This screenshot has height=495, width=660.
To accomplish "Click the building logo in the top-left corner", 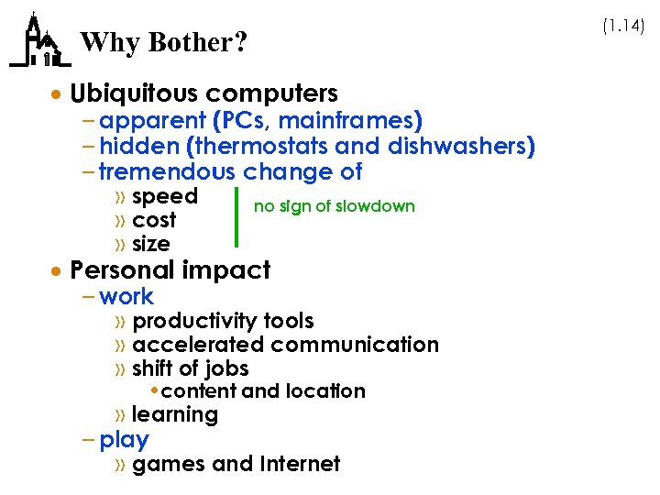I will (x=38, y=41).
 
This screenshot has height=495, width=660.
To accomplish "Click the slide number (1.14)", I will (x=623, y=27).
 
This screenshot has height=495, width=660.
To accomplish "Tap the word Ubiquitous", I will (x=134, y=93).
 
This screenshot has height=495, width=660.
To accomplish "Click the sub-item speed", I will (x=165, y=196).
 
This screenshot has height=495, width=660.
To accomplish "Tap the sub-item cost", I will (x=154, y=220).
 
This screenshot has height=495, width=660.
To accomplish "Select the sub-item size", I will (x=151, y=244).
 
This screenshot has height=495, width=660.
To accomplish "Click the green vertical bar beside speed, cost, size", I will (x=237, y=217).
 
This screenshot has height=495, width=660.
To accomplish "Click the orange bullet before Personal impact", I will (x=58, y=271).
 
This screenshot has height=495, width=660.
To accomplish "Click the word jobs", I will (x=227, y=368).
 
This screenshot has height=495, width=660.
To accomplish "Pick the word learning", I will (x=175, y=414).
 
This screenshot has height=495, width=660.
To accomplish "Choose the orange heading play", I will (x=124, y=440).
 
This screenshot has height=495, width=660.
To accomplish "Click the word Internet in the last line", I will (x=301, y=464).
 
